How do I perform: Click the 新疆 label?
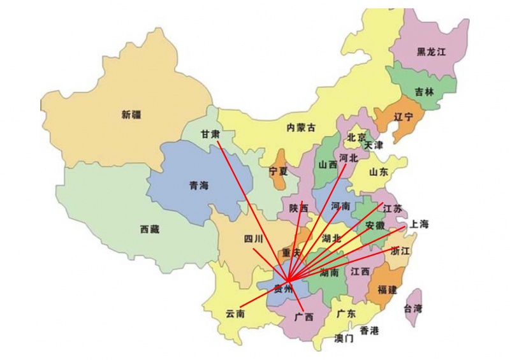pyautogui.click(x=131, y=115)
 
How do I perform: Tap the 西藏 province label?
pyautogui.click(x=150, y=229)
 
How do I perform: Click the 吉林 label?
pyautogui.click(x=424, y=92)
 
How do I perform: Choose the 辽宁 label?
pyautogui.click(x=403, y=117)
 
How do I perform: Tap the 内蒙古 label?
pyautogui.click(x=301, y=127)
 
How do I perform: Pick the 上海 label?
pyautogui.click(x=419, y=224)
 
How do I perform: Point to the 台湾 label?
pyautogui.click(x=413, y=308)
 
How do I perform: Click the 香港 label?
pyautogui.click(x=369, y=330)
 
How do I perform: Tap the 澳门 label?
pyautogui.click(x=344, y=338)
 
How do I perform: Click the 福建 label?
pyautogui.click(x=387, y=290)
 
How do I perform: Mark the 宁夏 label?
pyautogui.click(x=279, y=171)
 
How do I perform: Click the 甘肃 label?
pyautogui.click(x=210, y=134)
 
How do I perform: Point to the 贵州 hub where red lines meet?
pyautogui.click(x=288, y=280)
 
